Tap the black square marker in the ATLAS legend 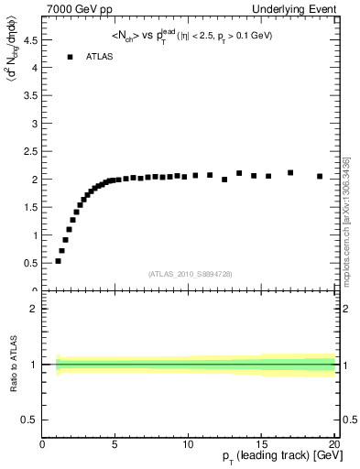(70, 57)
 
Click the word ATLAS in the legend (100, 57)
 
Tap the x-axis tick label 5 (115, 443)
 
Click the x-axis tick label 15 (261, 443)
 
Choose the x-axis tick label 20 (333, 443)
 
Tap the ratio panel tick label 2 (35, 309)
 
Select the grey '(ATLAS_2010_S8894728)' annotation (189, 273)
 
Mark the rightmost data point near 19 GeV (320, 176)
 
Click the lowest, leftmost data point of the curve (58, 261)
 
